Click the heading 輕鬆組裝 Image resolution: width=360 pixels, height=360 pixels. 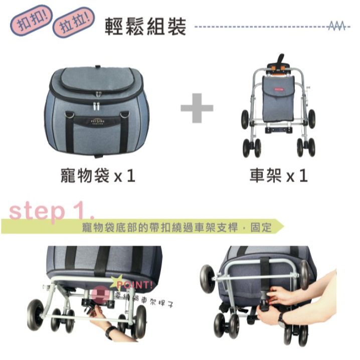[145, 26]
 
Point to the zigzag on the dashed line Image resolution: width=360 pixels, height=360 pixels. [336, 26]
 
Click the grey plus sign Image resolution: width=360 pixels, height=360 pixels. [197, 107]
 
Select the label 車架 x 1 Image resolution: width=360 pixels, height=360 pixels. [278, 176]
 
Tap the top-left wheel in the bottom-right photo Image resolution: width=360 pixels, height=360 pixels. [207, 278]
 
